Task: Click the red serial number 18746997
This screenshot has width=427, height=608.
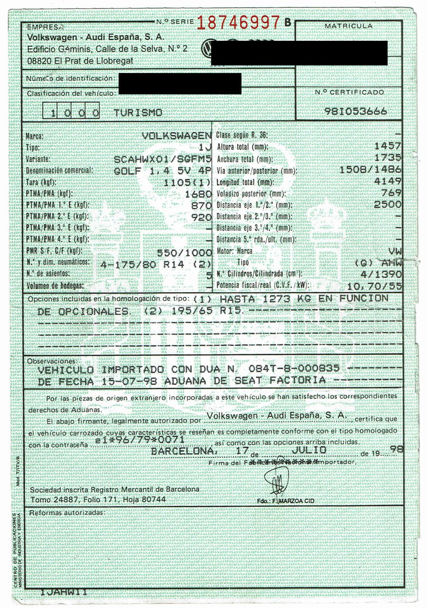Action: click(238, 22)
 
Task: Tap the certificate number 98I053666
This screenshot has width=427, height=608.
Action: click(356, 111)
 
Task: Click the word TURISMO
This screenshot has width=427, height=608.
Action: click(138, 113)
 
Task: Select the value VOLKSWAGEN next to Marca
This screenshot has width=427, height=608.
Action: click(176, 136)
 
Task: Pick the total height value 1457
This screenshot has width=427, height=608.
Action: click(388, 147)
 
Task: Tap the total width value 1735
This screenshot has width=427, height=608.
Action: click(388, 158)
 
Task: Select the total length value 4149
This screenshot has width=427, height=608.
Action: click(388, 182)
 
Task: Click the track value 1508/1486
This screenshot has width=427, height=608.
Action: click(370, 170)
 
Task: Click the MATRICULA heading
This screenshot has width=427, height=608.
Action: click(349, 26)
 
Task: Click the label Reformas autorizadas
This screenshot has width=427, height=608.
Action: click(66, 513)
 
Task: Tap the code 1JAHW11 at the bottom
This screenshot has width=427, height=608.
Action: click(63, 593)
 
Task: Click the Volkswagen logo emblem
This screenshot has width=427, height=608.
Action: click(207, 48)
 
